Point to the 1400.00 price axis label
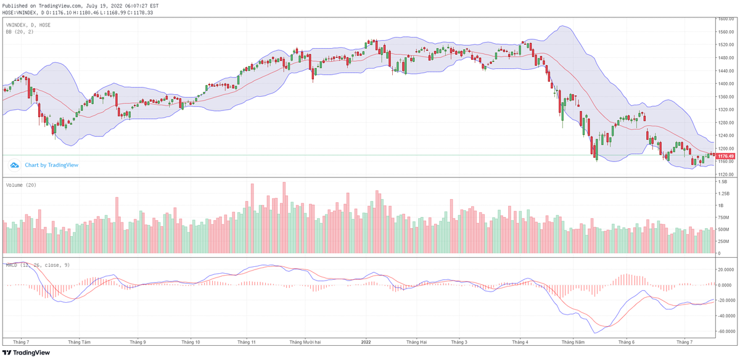[x=726, y=84]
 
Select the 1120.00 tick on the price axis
[x=726, y=174]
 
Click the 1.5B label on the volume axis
[x=722, y=182]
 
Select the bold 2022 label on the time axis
[x=366, y=342]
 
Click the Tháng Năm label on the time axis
[x=572, y=342]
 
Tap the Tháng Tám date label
[x=80, y=342]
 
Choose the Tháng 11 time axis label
[x=246, y=342]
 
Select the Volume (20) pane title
[x=21, y=185]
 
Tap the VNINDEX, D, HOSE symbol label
[x=28, y=25]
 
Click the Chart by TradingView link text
[x=51, y=165]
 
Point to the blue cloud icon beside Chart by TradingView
[x=14, y=165]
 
